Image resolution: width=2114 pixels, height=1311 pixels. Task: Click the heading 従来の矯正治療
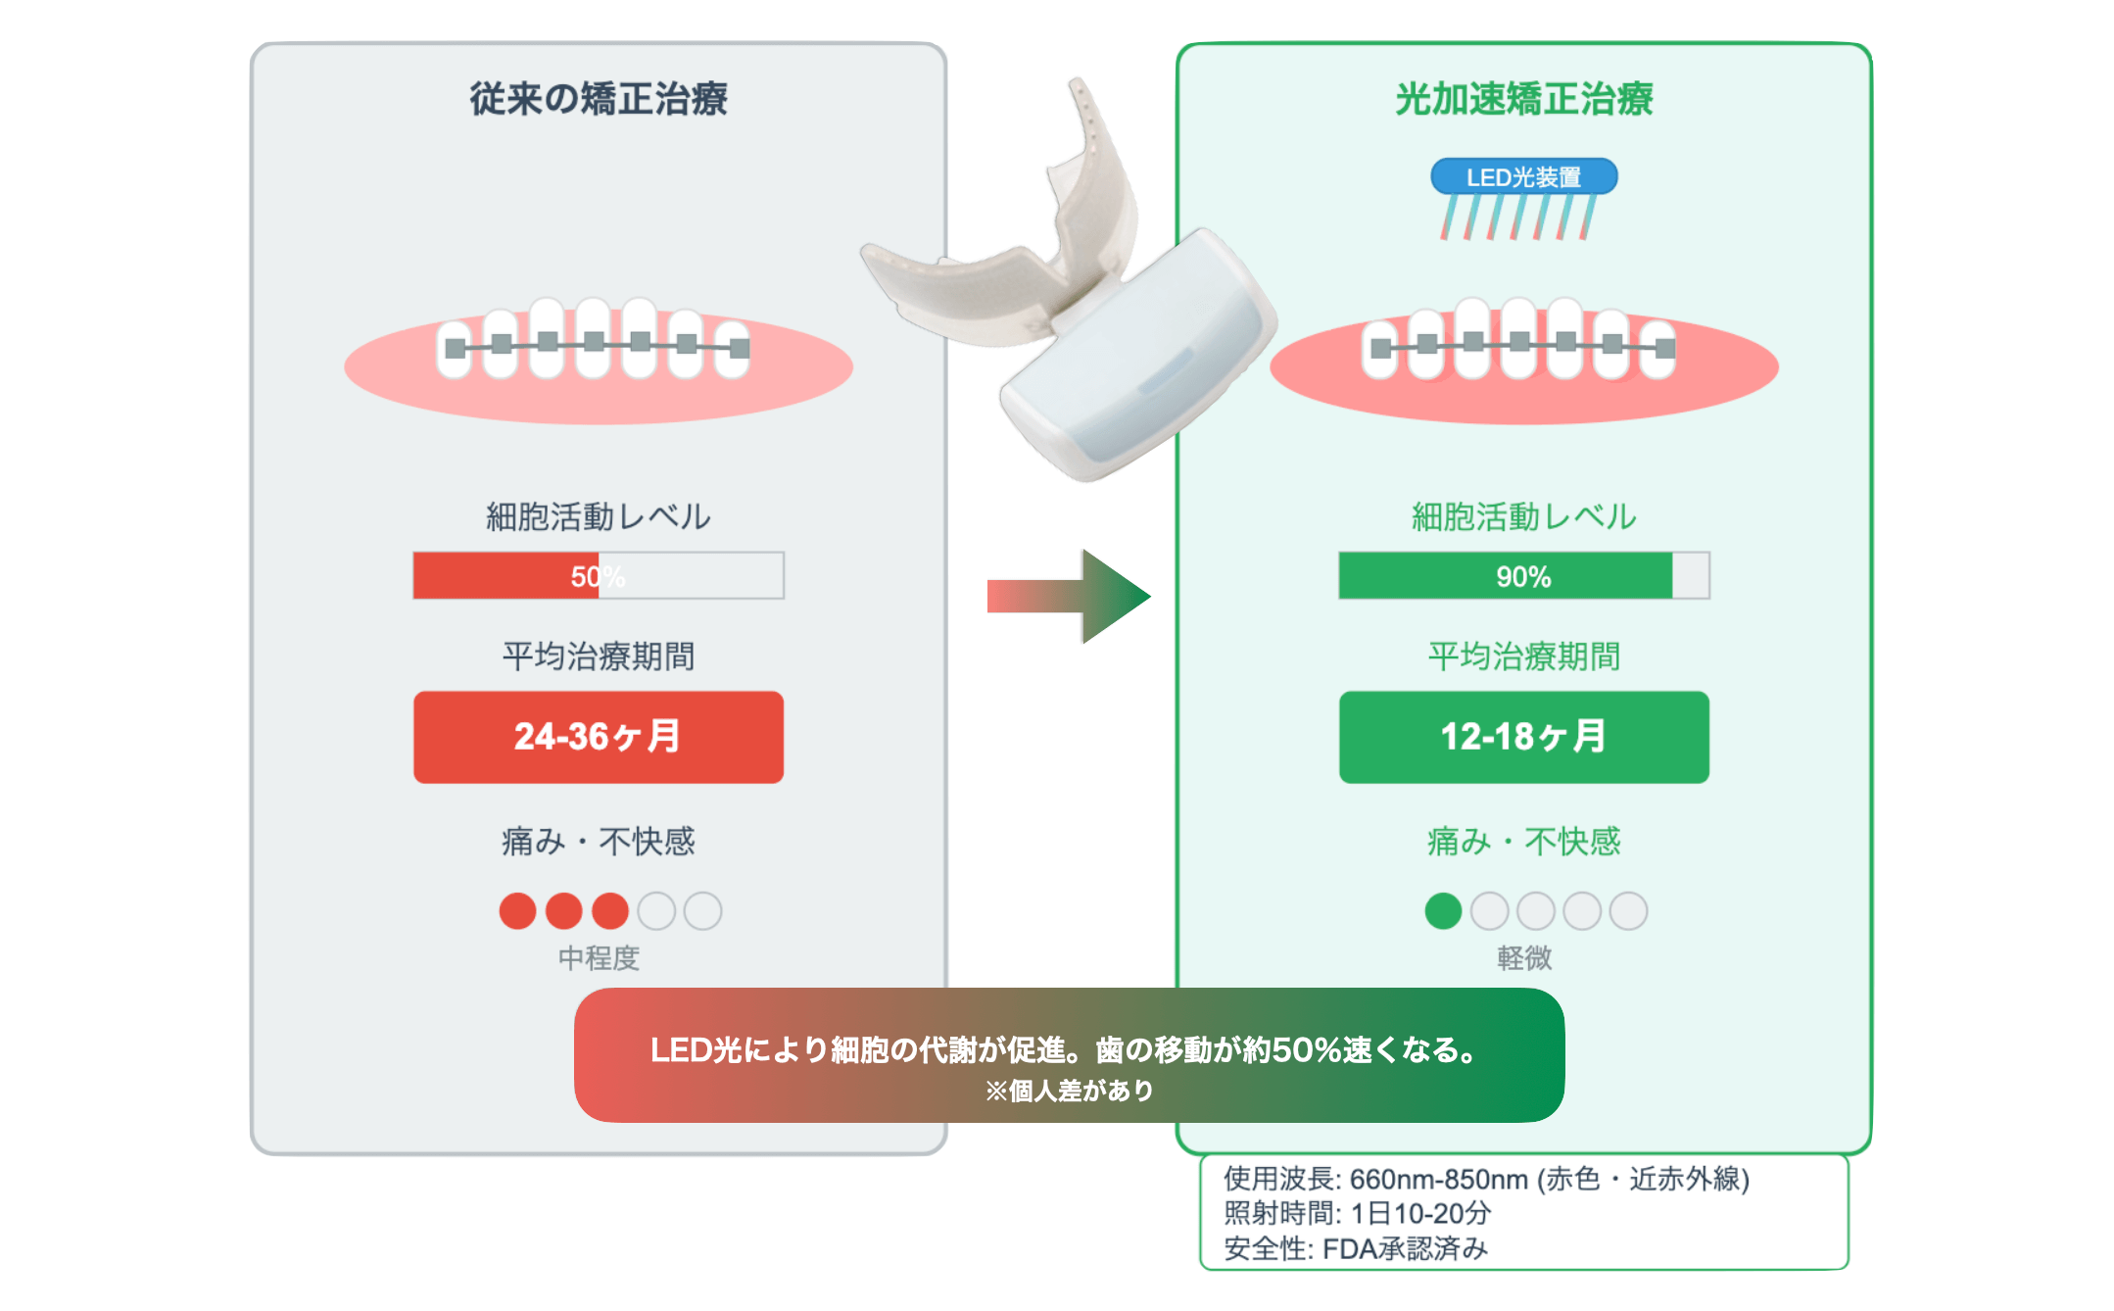pyautogui.click(x=598, y=99)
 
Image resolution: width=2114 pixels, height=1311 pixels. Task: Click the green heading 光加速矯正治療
pyautogui.click(x=1523, y=99)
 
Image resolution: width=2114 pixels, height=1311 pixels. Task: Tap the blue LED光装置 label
pyautogui.click(x=1523, y=177)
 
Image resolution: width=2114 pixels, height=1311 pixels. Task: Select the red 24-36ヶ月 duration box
pyautogui.click(x=598, y=737)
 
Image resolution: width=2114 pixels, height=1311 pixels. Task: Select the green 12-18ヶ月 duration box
pyautogui.click(x=1523, y=737)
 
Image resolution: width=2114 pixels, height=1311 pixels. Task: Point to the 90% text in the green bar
pyautogui.click(x=1523, y=576)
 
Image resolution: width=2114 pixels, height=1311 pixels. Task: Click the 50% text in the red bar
pyautogui.click(x=597, y=576)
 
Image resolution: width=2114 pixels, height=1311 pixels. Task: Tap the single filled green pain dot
pyautogui.click(x=1443, y=910)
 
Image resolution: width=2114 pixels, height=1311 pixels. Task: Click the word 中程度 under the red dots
pyautogui.click(x=598, y=957)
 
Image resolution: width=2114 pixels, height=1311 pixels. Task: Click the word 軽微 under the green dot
pyautogui.click(x=1523, y=957)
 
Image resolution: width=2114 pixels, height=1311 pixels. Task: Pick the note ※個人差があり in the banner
pyautogui.click(x=1069, y=1091)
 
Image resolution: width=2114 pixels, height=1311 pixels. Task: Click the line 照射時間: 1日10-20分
pyautogui.click(x=1357, y=1213)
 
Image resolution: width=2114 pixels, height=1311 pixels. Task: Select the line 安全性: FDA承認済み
pyautogui.click(x=1356, y=1248)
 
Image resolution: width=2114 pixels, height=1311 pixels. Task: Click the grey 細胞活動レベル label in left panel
pyautogui.click(x=598, y=516)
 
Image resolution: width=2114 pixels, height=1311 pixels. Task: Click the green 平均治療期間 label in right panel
pyautogui.click(x=1523, y=655)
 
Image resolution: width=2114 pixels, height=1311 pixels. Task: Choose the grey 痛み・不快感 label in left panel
pyautogui.click(x=598, y=841)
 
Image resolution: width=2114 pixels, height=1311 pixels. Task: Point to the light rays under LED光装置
pyautogui.click(x=1517, y=217)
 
